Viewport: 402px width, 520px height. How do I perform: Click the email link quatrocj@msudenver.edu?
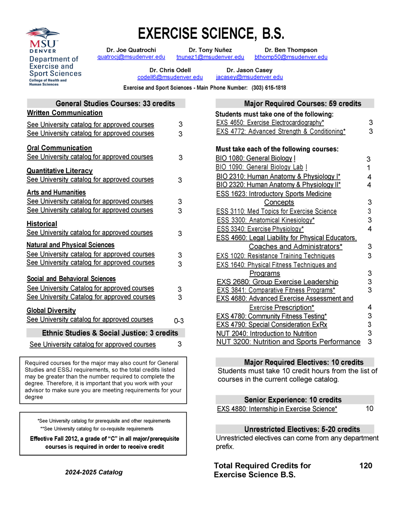click(131, 57)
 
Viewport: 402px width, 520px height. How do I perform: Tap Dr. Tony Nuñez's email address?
click(210, 57)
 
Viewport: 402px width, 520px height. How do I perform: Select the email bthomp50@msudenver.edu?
click(291, 57)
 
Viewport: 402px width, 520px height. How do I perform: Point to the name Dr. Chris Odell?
click(170, 70)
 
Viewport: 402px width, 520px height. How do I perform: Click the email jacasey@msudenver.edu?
click(249, 77)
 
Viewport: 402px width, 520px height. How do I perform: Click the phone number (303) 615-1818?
click(269, 88)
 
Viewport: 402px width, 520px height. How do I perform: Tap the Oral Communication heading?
click(59, 148)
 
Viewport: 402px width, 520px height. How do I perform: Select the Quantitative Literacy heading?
click(60, 171)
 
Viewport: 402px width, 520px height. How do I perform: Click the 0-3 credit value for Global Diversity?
click(179, 321)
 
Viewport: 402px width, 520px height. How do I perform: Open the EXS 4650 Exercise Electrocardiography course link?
click(270, 123)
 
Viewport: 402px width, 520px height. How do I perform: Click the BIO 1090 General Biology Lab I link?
click(261, 167)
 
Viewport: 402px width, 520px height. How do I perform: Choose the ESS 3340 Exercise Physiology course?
click(260, 229)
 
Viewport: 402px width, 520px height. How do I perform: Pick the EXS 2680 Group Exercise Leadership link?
click(277, 282)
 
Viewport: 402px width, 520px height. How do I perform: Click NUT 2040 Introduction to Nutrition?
click(266, 333)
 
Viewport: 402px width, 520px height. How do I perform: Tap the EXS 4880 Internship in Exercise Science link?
click(277, 409)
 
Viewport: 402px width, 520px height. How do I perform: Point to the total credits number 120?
click(365, 465)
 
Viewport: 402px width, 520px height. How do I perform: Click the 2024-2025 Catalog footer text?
click(94, 472)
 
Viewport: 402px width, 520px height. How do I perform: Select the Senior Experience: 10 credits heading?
click(293, 399)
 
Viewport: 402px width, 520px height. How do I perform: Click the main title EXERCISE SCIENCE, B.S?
click(211, 34)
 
